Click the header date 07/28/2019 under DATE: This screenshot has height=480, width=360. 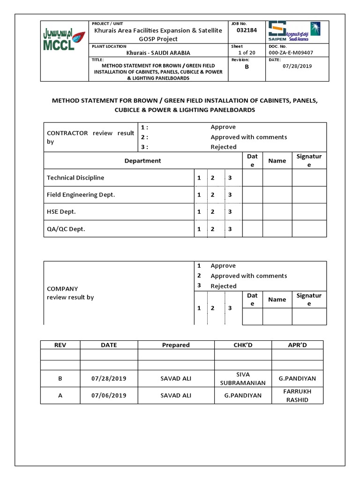[x=298, y=66]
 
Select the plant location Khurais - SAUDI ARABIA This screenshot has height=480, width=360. [x=158, y=53]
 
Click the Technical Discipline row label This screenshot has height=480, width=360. [x=75, y=178]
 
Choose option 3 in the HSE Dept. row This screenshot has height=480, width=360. [x=230, y=212]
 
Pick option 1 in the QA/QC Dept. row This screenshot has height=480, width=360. [x=199, y=229]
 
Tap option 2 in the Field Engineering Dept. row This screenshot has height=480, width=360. [x=212, y=195]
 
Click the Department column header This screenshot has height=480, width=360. [x=142, y=161]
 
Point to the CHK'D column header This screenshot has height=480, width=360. [x=243, y=345]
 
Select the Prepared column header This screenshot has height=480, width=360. [x=176, y=345]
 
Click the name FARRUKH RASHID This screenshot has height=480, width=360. [x=297, y=396]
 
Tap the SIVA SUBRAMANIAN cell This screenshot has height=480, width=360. [x=243, y=378]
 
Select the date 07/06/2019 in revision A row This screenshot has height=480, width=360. [x=109, y=396]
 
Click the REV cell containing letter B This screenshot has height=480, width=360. [x=60, y=378]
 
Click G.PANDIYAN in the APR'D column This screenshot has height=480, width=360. [x=297, y=378]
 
